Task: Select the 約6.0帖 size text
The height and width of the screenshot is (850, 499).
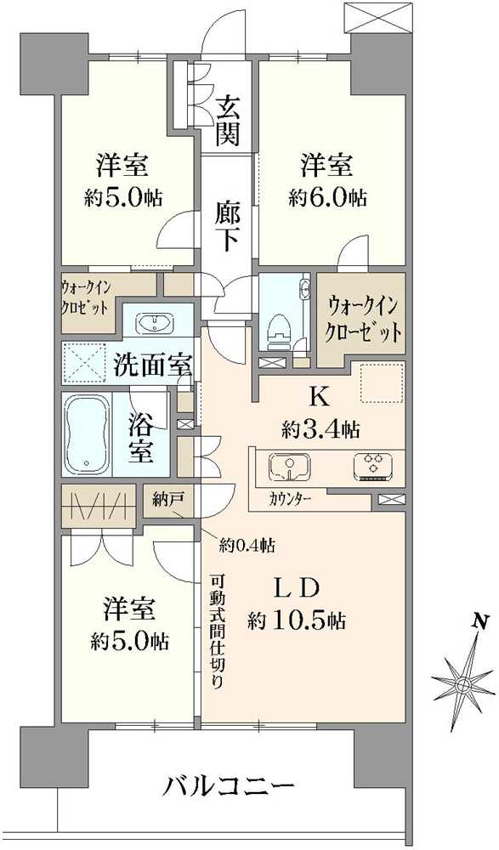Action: (x=327, y=198)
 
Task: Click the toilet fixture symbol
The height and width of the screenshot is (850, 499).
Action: (x=277, y=326)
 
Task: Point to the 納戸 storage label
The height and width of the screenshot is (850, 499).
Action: (x=168, y=499)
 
